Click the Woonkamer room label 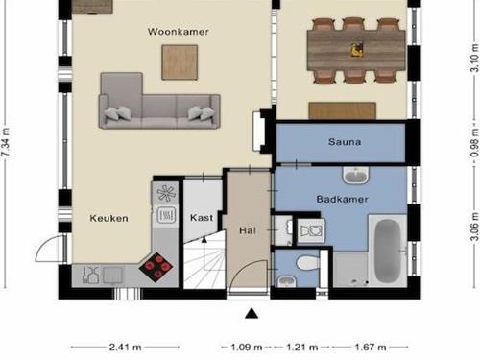click(x=179, y=32)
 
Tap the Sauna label click(x=345, y=142)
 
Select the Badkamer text click(x=342, y=199)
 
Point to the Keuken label click(x=108, y=218)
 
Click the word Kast click(x=202, y=218)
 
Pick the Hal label click(x=248, y=230)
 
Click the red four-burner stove click(x=156, y=267)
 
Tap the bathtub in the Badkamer click(x=387, y=252)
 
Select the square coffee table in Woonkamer click(x=180, y=62)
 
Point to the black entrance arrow click(x=252, y=313)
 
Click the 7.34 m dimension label click(x=6, y=142)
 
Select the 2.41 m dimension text click(x=125, y=347)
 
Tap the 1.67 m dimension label click(x=371, y=347)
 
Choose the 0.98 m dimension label click(x=475, y=143)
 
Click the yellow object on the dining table click(x=357, y=50)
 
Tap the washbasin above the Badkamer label click(x=355, y=176)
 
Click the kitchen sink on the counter click(x=112, y=275)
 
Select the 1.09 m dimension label click(x=247, y=347)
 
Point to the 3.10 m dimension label click(x=475, y=58)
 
